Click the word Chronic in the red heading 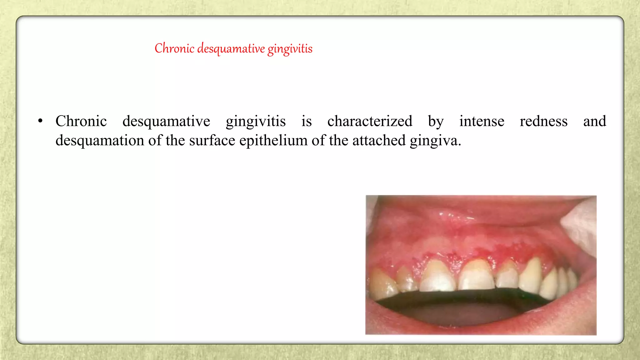tap(174, 48)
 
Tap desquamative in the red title tap(231, 49)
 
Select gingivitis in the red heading tap(290, 49)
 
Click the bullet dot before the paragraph tap(40, 121)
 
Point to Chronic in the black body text tap(81, 121)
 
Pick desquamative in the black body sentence tap(166, 121)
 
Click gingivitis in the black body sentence tap(256, 121)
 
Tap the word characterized tap(370, 121)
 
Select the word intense tap(482, 121)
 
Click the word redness tap(543, 121)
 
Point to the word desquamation tap(100, 140)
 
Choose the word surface tap(212, 140)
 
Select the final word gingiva tap(435, 141)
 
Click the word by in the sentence tap(436, 121)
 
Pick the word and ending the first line tap(594, 121)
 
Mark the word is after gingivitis tap(307, 121)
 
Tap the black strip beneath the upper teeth tap(462, 297)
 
